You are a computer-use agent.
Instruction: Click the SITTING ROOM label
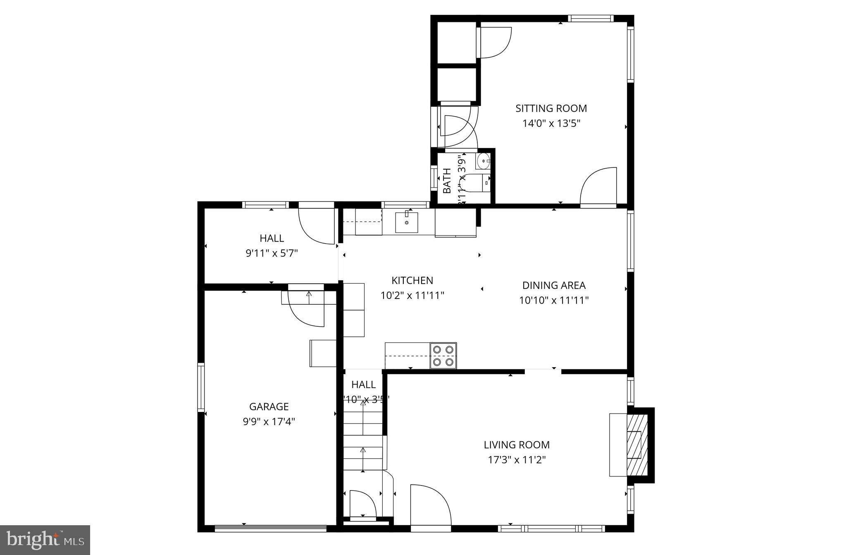[551, 108]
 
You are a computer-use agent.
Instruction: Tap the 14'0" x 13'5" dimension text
[551, 124]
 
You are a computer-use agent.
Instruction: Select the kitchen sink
[406, 222]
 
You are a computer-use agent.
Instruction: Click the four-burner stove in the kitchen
[443, 356]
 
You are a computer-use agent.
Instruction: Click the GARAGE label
[269, 407]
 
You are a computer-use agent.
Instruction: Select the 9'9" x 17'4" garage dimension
[269, 422]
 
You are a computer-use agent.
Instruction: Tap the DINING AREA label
[553, 285]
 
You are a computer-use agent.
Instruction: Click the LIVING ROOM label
[517, 445]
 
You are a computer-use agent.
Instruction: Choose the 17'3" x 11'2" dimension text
[517, 460]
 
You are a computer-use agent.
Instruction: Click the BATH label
[447, 181]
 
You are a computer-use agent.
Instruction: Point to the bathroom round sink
[482, 161]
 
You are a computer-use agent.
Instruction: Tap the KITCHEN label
[412, 280]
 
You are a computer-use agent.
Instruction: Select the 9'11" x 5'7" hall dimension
[272, 253]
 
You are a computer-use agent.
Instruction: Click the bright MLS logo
[45, 540]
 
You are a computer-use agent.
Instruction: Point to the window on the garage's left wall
[201, 387]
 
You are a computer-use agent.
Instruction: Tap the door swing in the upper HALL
[316, 225]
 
